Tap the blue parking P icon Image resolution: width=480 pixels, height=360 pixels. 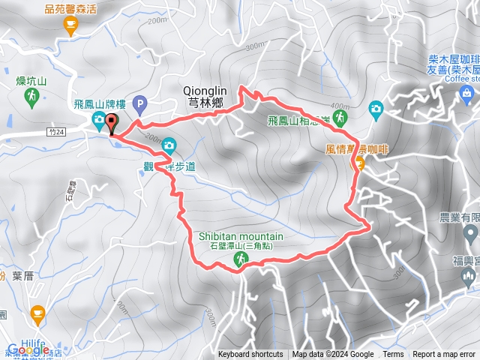(139, 103)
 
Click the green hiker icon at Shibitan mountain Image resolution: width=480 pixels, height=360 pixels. (241, 259)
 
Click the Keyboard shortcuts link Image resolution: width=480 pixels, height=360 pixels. (250, 355)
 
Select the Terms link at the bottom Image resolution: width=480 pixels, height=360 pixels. (393, 355)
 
